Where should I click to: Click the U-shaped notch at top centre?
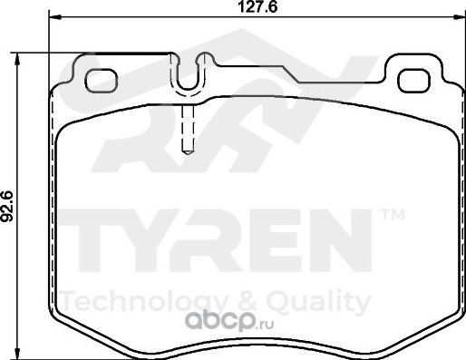[189, 74]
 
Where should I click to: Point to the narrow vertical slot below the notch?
[188, 127]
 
